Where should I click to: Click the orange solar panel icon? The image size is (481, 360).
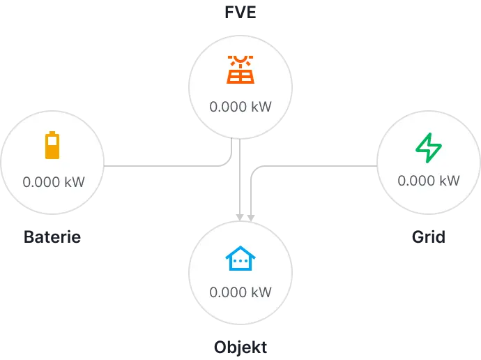point(240,70)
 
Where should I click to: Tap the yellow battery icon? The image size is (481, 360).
point(53,145)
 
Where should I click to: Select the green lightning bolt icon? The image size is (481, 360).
point(428,147)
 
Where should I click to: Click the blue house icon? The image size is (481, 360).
point(240,259)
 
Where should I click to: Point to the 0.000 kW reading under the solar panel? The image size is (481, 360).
point(240,108)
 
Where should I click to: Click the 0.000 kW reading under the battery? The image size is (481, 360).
point(54,182)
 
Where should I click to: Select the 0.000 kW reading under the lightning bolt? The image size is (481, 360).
point(428,181)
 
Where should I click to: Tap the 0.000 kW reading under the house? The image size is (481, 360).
point(240,292)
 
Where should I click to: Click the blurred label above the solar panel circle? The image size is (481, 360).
point(240,14)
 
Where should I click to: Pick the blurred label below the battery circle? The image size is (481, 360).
point(53,237)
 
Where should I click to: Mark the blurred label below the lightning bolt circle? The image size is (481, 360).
point(427,238)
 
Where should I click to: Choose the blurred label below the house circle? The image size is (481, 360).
point(240,347)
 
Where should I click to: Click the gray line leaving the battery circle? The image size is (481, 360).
point(164,165)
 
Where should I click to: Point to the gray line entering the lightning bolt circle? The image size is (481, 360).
point(317,165)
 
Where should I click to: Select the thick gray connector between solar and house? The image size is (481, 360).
point(240,181)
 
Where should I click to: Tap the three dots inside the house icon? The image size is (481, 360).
point(240,262)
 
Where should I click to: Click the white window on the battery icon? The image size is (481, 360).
point(53,141)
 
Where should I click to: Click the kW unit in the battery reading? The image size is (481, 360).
point(75,182)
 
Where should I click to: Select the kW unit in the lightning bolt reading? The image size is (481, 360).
point(450,181)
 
